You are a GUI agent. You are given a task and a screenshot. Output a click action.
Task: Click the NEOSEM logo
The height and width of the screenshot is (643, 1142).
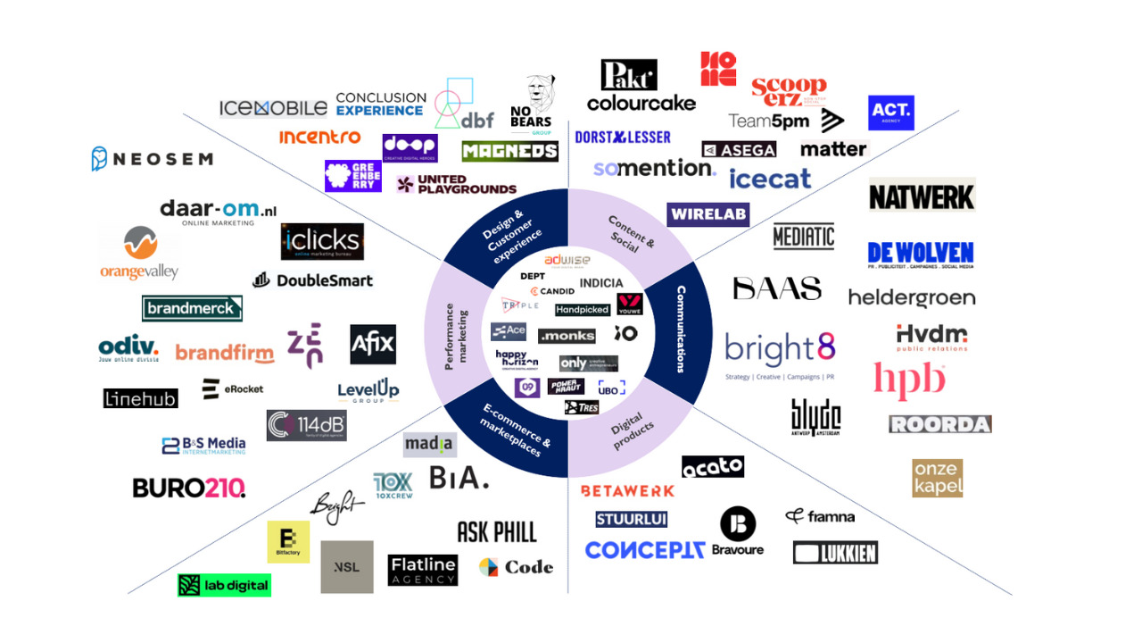(x=152, y=159)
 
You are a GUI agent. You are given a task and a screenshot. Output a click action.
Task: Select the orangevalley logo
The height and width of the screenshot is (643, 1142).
(x=139, y=253)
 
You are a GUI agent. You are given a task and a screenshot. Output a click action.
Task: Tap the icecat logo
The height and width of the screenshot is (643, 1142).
(x=770, y=179)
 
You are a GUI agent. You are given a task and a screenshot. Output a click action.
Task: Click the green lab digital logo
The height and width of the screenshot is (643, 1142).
(x=223, y=585)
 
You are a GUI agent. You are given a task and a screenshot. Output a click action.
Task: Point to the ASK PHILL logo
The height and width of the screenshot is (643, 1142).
(x=497, y=532)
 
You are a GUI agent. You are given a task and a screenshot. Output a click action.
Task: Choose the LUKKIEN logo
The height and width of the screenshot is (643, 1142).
(x=835, y=553)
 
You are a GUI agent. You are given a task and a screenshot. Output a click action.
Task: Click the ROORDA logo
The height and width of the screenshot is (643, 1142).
(x=939, y=424)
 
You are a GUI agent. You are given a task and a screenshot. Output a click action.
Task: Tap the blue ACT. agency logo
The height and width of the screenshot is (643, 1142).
(x=890, y=113)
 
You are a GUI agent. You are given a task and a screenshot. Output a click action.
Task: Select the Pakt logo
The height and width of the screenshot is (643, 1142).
(x=629, y=75)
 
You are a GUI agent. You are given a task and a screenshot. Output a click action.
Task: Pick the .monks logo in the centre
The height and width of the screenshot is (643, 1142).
(x=567, y=335)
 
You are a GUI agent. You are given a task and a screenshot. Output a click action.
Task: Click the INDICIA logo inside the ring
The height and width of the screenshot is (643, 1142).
(x=601, y=283)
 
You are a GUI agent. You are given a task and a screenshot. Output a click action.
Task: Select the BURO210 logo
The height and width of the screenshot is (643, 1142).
(x=188, y=488)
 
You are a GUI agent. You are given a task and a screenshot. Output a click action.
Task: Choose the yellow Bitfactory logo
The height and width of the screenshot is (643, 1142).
(x=288, y=542)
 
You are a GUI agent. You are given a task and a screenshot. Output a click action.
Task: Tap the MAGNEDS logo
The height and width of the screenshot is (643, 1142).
(x=509, y=151)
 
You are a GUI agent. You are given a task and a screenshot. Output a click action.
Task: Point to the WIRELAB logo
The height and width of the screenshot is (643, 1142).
(x=708, y=214)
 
